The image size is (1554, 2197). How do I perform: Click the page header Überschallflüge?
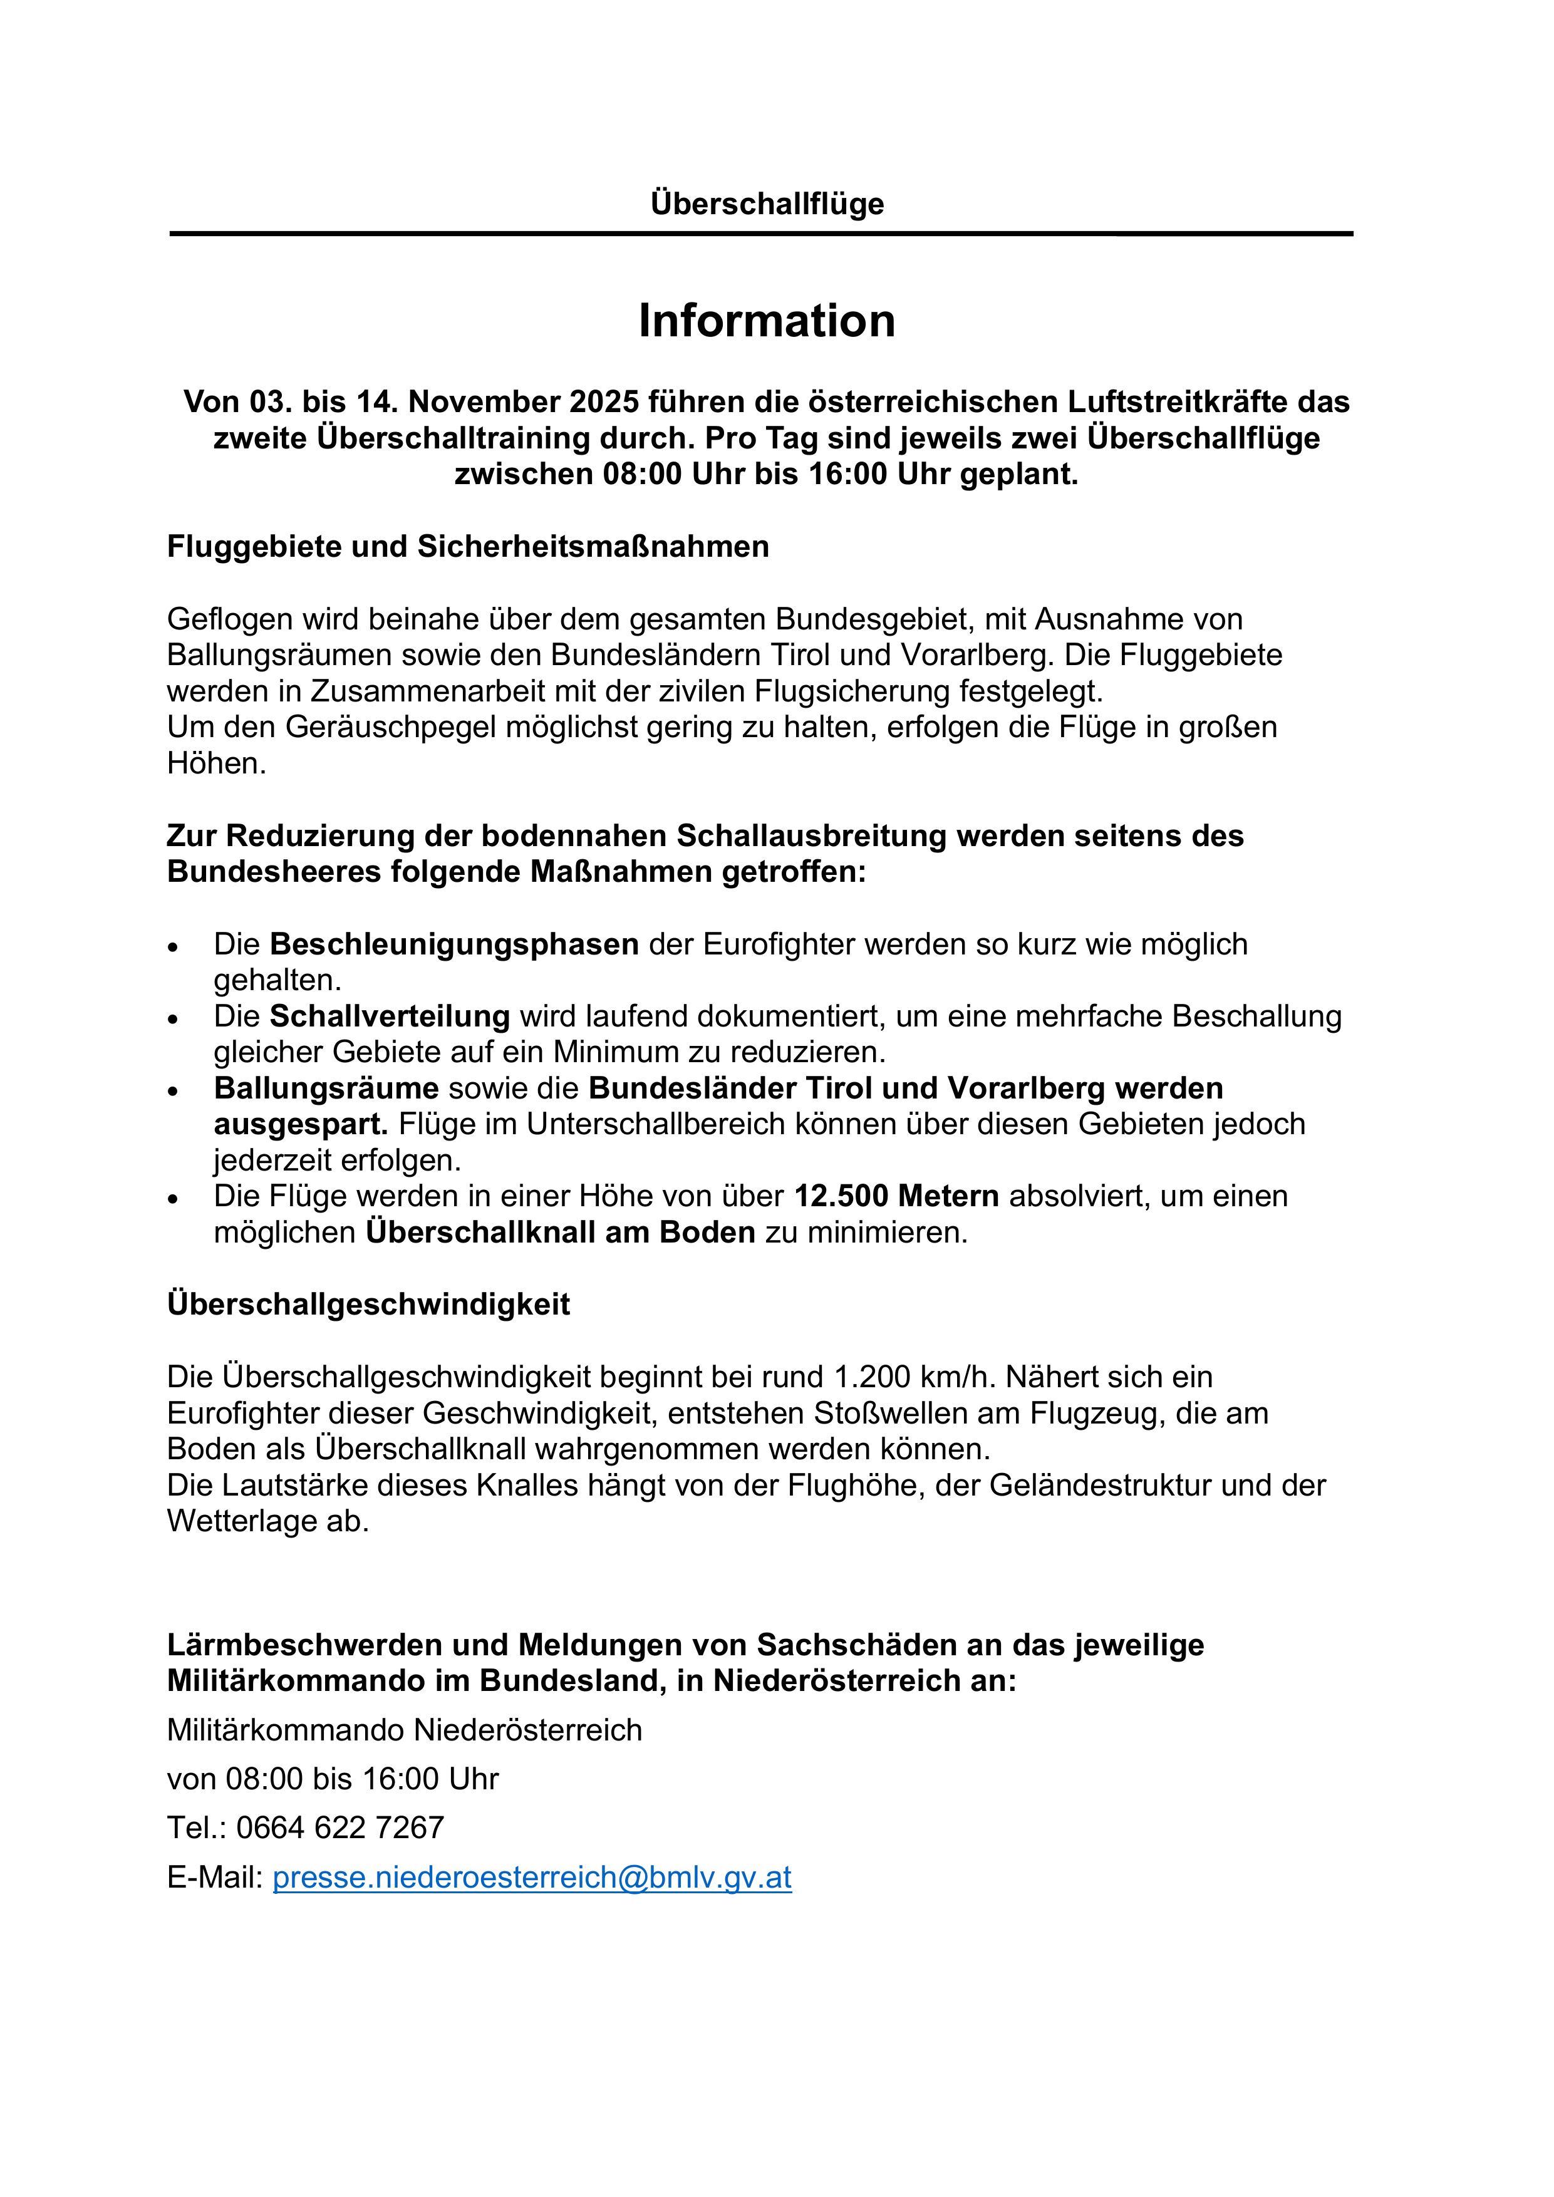tap(767, 204)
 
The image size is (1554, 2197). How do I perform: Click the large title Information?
tap(767, 321)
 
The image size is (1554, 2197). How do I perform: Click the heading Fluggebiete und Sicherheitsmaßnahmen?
tap(468, 546)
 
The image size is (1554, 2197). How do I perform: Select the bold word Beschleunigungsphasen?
tap(455, 944)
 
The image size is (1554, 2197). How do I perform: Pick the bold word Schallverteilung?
tap(390, 1016)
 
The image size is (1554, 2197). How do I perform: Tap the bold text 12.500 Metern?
tap(896, 1196)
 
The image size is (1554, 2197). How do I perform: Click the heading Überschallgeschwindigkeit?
tap(368, 1304)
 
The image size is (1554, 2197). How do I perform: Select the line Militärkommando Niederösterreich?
tap(404, 1729)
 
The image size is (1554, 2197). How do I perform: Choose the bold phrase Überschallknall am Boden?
tap(561, 1233)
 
